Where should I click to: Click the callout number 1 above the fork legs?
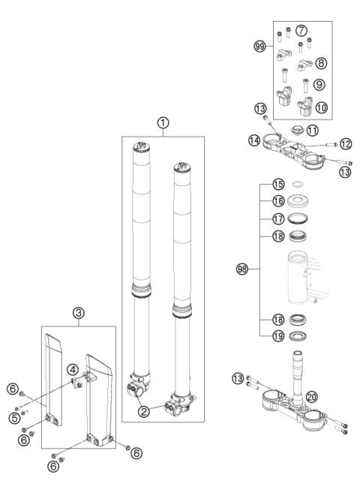pos(162,122)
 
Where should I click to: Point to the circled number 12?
pos(345,143)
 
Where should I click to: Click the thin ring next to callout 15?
pos(298,203)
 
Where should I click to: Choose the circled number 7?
pos(301,31)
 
